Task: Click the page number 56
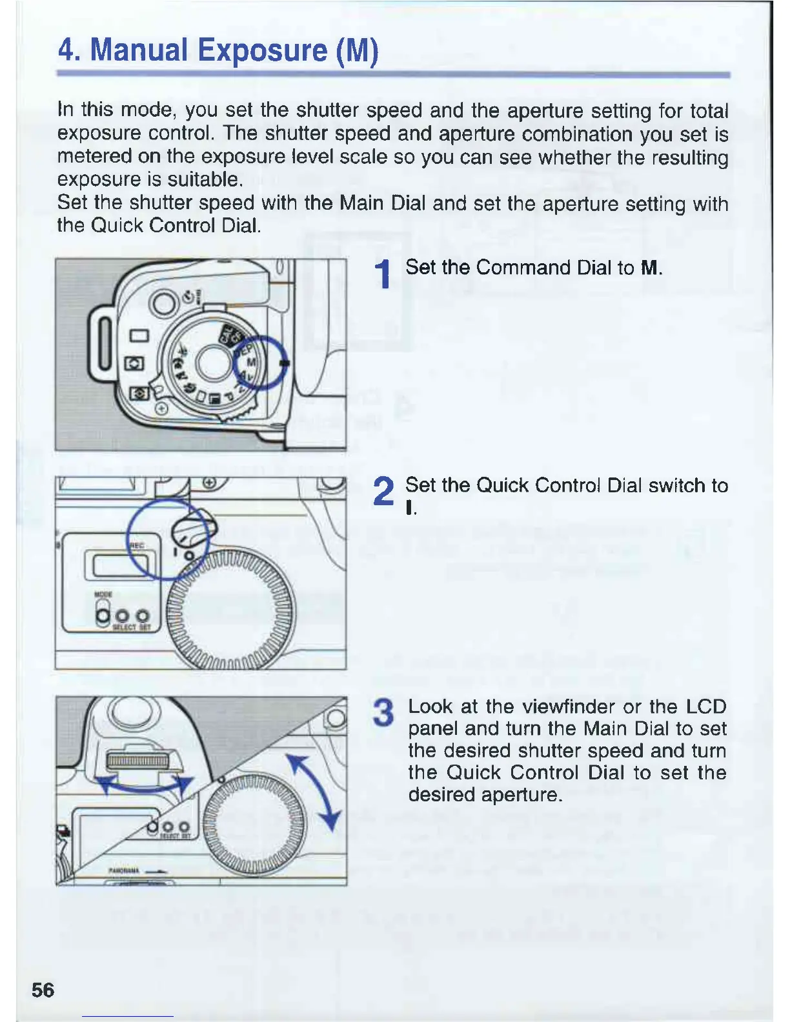43,989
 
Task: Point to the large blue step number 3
385,712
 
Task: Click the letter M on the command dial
252,363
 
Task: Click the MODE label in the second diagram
104,594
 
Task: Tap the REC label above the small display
137,545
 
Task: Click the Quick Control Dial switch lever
193,530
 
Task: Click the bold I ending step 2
409,508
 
